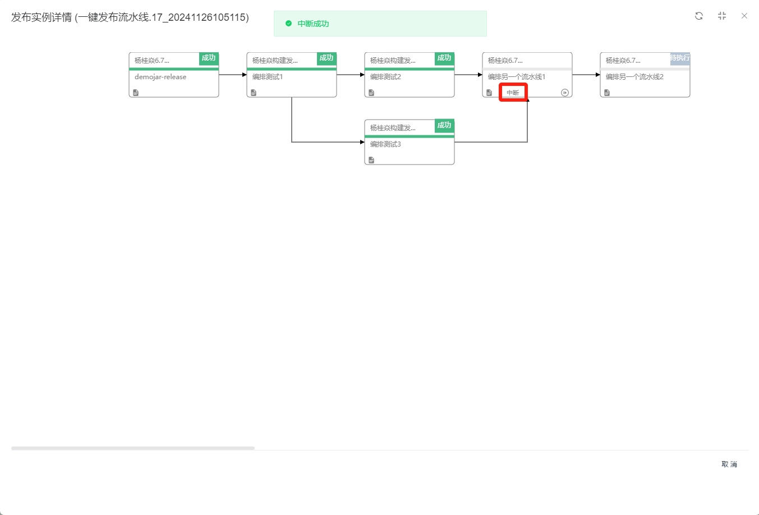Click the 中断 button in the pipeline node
(513, 93)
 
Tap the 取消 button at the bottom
(729, 464)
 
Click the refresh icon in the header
(699, 16)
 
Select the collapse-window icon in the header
(722, 16)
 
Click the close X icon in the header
(744, 16)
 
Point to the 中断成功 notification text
(313, 24)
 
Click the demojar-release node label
(160, 77)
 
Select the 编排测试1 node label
(268, 77)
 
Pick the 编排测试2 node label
(385, 77)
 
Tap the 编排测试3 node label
(385, 144)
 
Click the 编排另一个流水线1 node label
(517, 77)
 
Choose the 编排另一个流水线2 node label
(634, 77)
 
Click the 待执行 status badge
(680, 58)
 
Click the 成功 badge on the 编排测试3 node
(444, 125)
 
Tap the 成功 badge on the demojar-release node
(209, 58)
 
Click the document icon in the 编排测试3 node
(371, 160)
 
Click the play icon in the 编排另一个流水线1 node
(565, 93)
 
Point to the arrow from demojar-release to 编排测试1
(232, 75)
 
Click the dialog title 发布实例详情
(42, 17)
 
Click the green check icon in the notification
(288, 24)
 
